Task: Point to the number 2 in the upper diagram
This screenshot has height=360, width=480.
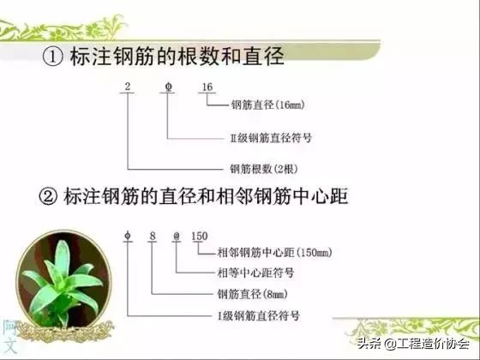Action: (x=127, y=87)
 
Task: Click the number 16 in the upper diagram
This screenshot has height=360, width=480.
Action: (x=207, y=87)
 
